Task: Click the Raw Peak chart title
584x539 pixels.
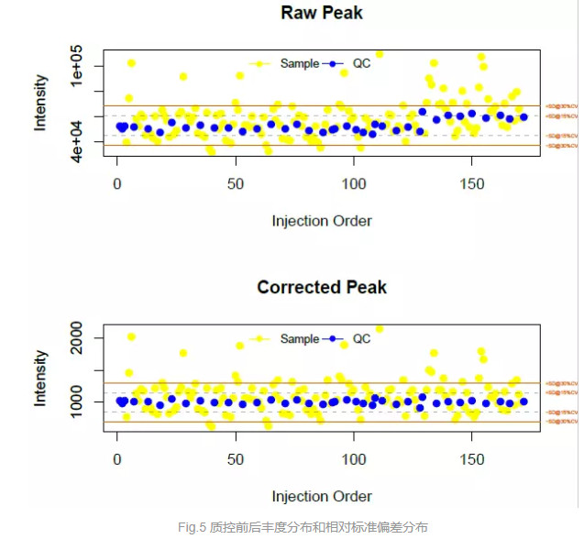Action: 321,13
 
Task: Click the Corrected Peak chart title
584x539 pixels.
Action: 322,287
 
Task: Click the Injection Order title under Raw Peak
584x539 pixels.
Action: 322,221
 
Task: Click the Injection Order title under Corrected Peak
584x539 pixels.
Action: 322,496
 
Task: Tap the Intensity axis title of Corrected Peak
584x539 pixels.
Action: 41,378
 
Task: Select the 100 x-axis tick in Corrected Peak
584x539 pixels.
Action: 354,458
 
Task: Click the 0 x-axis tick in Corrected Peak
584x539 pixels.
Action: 117,458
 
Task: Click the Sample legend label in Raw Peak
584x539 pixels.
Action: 300,64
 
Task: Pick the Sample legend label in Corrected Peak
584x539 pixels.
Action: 300,338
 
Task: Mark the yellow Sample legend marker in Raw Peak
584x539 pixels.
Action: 262,64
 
